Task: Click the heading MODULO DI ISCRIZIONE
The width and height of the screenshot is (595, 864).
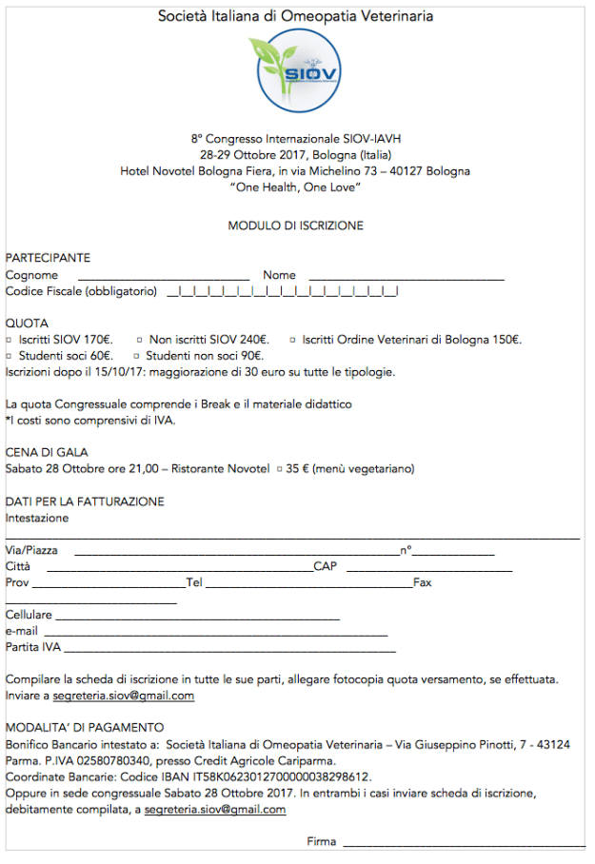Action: click(295, 226)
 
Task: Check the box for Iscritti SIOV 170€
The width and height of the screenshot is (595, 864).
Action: click(9, 340)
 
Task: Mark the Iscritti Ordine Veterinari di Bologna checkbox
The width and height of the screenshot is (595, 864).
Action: click(292, 340)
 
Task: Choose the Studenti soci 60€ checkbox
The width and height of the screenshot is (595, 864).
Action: click(9, 356)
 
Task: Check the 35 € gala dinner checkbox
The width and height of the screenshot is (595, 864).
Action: click(279, 469)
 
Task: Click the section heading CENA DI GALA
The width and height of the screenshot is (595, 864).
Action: click(47, 453)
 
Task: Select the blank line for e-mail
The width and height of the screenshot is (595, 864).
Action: click(215, 634)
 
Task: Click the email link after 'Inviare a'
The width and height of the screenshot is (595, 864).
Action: click(124, 696)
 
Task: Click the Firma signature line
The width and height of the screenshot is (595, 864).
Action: click(464, 844)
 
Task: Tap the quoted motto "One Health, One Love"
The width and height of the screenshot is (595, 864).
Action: click(295, 187)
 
